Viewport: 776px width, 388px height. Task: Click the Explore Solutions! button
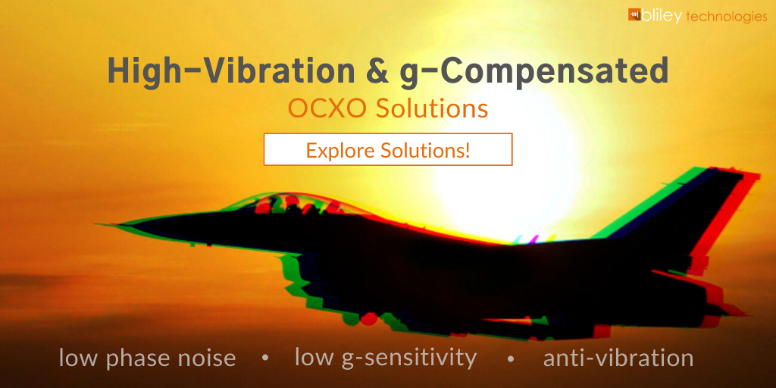[x=388, y=149]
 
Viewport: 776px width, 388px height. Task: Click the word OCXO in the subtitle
[x=328, y=109]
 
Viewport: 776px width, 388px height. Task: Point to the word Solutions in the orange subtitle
[x=431, y=109]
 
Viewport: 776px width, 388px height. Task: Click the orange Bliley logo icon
[x=634, y=14]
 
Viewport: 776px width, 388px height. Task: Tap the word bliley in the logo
[x=662, y=16]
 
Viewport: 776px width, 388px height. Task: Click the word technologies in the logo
[x=727, y=17]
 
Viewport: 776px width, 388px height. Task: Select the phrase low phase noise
[x=148, y=358]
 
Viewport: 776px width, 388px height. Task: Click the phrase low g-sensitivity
[x=386, y=358]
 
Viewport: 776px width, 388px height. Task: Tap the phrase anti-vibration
[x=618, y=358]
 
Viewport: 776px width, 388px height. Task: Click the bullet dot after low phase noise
[x=265, y=358]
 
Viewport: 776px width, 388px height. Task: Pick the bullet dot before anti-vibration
[x=511, y=358]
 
